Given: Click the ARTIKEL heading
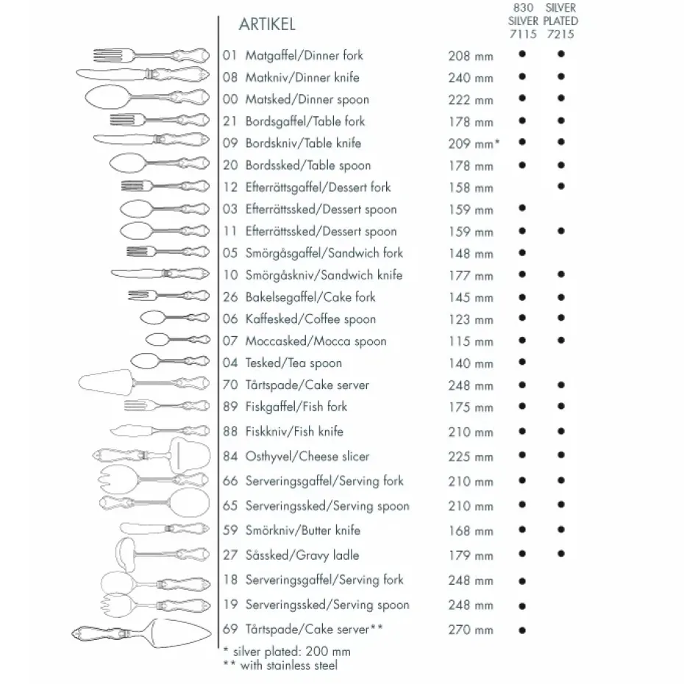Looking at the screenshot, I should (x=267, y=24).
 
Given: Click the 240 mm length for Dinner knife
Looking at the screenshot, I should (x=471, y=78).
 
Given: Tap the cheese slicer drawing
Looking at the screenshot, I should (x=140, y=455).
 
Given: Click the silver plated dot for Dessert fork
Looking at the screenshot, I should (x=561, y=187).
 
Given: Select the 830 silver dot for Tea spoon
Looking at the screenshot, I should (x=522, y=362).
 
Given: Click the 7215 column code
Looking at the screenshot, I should (x=560, y=34).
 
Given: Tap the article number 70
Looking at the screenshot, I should (x=229, y=385).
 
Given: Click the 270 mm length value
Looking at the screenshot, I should (x=471, y=630).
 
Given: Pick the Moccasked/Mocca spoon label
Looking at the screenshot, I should (x=316, y=341).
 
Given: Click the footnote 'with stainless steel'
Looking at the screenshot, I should (x=285, y=666).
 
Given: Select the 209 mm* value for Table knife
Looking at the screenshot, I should (x=474, y=144).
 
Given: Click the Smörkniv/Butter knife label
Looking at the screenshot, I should (x=303, y=530).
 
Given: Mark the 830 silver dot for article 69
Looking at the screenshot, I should (x=522, y=630).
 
